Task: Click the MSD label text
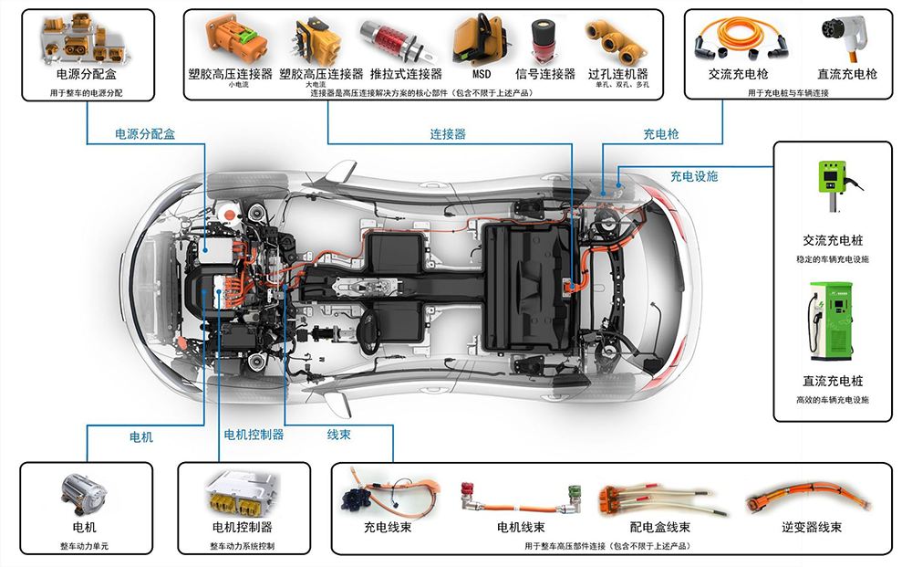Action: point(482,74)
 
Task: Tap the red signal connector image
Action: point(545,42)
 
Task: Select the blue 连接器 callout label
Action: point(448,134)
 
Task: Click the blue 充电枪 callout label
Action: point(661,134)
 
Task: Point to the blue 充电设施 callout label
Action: point(695,175)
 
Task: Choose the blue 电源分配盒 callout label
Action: point(145,134)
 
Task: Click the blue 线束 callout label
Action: point(338,435)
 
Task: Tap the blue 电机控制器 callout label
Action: point(254,435)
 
